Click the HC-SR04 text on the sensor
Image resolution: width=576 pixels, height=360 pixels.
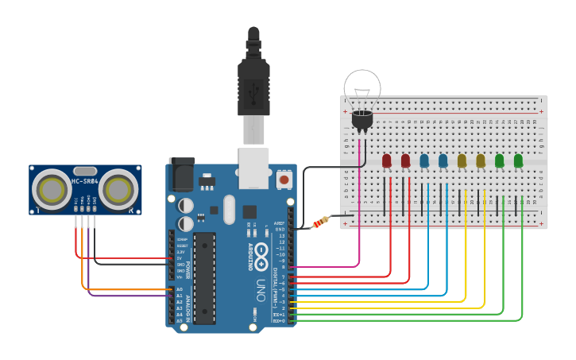[85, 181]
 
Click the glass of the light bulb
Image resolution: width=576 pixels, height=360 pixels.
[361, 87]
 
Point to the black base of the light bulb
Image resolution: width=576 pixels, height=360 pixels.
[361, 119]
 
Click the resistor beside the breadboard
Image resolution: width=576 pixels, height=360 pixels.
[320, 222]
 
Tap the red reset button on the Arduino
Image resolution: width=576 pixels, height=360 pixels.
[284, 180]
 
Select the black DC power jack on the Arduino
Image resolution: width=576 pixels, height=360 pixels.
[181, 172]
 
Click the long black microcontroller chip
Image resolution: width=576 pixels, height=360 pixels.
[204, 278]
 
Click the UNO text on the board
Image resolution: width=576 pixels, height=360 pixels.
[261, 286]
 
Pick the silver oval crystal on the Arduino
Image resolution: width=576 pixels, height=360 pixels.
[230, 210]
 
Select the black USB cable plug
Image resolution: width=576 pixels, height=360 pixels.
[253, 87]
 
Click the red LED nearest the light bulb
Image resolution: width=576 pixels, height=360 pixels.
[387, 161]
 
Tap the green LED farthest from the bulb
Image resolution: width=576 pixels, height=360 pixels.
[519, 161]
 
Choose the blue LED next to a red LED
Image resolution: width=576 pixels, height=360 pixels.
[424, 161]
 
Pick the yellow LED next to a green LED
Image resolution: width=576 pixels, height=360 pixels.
[481, 161]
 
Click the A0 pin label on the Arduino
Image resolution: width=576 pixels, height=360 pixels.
[179, 289]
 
